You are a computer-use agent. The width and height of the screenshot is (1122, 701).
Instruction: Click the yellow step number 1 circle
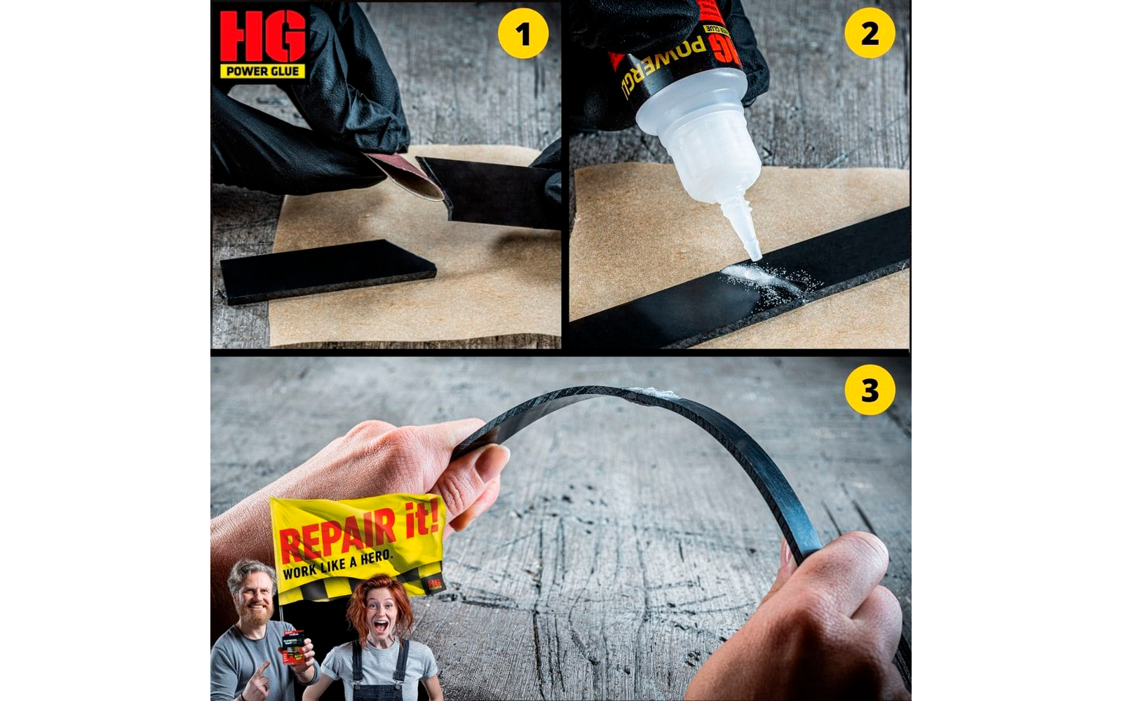pos(522,33)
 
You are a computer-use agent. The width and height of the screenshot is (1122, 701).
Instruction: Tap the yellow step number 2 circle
pos(870,33)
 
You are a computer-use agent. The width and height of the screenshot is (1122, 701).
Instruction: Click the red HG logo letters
pos(263,36)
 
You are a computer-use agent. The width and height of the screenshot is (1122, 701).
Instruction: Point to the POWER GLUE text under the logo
pos(263,71)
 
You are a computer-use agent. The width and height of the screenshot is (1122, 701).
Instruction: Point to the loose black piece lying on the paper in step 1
pos(326,270)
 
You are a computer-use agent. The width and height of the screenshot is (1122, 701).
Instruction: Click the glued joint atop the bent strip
pos(652,393)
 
